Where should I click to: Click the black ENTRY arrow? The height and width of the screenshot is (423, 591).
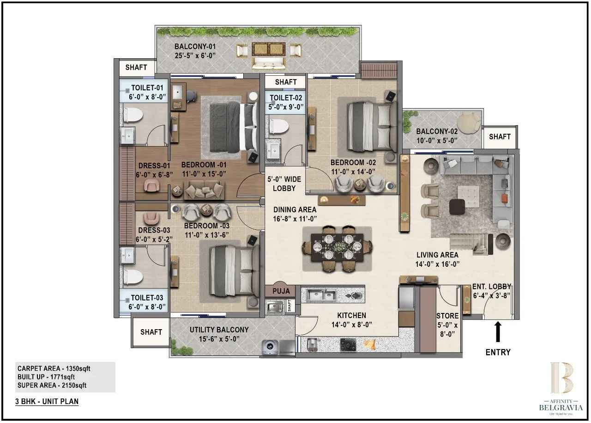point(498,331)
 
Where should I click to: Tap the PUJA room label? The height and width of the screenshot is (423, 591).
point(281,291)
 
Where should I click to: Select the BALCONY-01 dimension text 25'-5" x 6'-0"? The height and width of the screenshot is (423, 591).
point(195,56)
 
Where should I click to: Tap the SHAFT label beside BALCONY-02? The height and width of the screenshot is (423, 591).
point(500,136)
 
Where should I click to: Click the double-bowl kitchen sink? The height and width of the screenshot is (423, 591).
point(321,294)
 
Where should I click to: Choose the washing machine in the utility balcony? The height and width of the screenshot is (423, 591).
point(270,347)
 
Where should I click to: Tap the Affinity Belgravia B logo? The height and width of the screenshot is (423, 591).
point(561,378)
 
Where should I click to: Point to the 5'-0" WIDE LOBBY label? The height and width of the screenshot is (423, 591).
point(284,184)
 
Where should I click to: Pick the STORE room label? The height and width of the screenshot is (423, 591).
point(447,316)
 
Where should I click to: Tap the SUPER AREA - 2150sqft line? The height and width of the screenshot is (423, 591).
point(52,385)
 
